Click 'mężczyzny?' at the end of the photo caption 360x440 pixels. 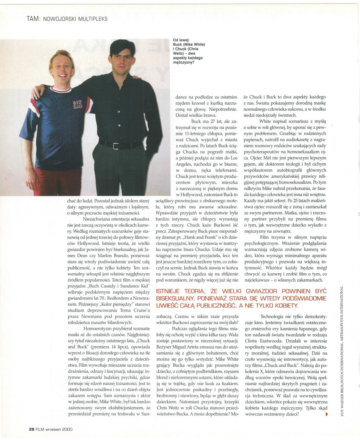pos(184,62)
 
